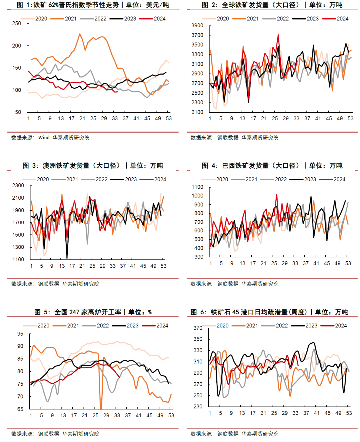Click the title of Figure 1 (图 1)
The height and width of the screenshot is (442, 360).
(x=93, y=5)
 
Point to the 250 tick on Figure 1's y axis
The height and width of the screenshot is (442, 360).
(x=17, y=24)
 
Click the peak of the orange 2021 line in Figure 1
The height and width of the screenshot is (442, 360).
(x=80, y=34)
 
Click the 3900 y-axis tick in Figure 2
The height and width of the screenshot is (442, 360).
(x=197, y=26)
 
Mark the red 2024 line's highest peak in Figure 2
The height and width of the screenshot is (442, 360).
(x=278, y=35)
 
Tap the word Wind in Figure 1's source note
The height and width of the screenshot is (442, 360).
(x=44, y=138)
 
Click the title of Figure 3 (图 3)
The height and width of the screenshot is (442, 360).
(x=93, y=166)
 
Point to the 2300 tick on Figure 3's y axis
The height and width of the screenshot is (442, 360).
(x=18, y=186)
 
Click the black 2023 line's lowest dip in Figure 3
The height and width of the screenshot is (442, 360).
(x=67, y=258)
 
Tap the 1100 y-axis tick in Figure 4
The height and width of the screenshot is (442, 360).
(x=198, y=187)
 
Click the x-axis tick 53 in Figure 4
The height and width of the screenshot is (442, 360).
(x=348, y=263)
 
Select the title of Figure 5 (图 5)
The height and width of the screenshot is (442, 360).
(x=93, y=312)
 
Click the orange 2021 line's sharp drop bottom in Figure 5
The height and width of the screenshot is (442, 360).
(x=101, y=409)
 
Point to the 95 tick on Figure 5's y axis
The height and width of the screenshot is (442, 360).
(x=20, y=334)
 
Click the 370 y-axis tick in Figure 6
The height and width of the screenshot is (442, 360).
(x=198, y=328)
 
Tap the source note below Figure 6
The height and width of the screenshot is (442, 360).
(x=234, y=434)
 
